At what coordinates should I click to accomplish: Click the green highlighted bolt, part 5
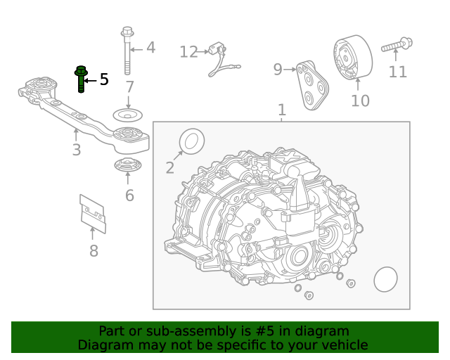pos(80,79)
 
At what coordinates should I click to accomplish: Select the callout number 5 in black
pos(104,79)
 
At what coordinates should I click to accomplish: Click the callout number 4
pos(150,49)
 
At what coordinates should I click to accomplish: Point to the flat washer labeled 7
pos(128,115)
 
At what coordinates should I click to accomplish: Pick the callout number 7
pos(129,88)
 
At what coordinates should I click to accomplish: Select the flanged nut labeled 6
pos(127,166)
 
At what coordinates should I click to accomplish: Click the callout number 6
pos(129,195)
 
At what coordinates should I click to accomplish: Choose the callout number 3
pos(76,150)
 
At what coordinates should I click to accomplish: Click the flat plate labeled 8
pos(93,213)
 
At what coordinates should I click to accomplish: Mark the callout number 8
pos(94,251)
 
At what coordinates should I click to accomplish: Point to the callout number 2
pos(169,167)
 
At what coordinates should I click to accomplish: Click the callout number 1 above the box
pos(282,110)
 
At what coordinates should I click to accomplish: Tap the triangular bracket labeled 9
pos(311,86)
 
